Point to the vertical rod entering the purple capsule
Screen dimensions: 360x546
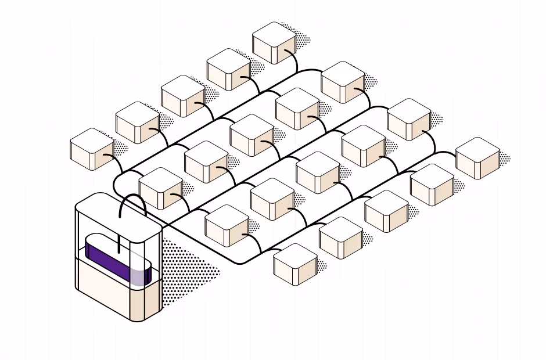pos(119,244)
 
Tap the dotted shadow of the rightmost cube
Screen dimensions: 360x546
pos(504,158)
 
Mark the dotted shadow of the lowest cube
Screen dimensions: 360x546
pos(321,265)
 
